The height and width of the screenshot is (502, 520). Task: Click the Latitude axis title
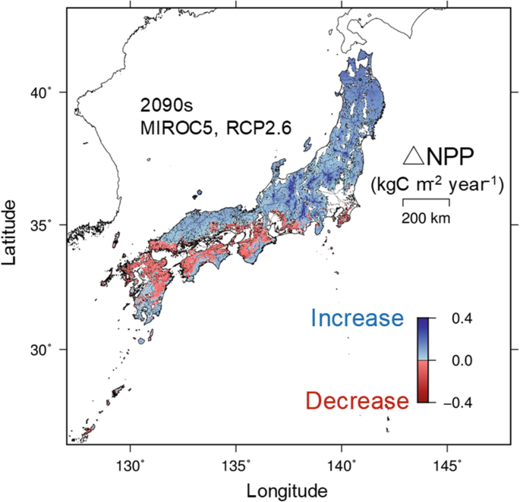[x=11, y=231]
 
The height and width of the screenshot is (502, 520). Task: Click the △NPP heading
[x=437, y=156]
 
